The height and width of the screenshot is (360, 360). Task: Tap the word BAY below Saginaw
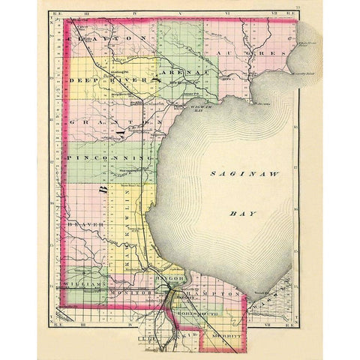pos(242,213)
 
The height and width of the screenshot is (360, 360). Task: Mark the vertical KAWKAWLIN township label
pos(128,225)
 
